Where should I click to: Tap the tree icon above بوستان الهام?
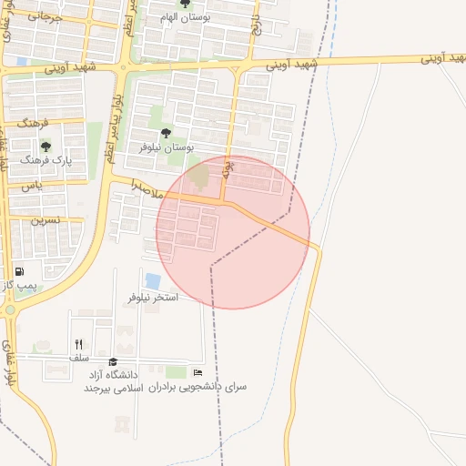(186, 4)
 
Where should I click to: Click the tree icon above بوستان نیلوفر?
(165, 133)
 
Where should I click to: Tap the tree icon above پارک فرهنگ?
(46, 146)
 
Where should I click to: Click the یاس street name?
(33, 186)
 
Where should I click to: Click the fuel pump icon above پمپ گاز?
(19, 272)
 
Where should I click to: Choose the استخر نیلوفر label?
(153, 298)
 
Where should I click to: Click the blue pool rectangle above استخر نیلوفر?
(153, 281)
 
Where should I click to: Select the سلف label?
(78, 358)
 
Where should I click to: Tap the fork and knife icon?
(78, 344)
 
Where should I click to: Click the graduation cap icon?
(113, 362)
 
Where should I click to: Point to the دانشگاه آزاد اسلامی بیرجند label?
(110, 381)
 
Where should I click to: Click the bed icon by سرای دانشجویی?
(198, 372)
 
